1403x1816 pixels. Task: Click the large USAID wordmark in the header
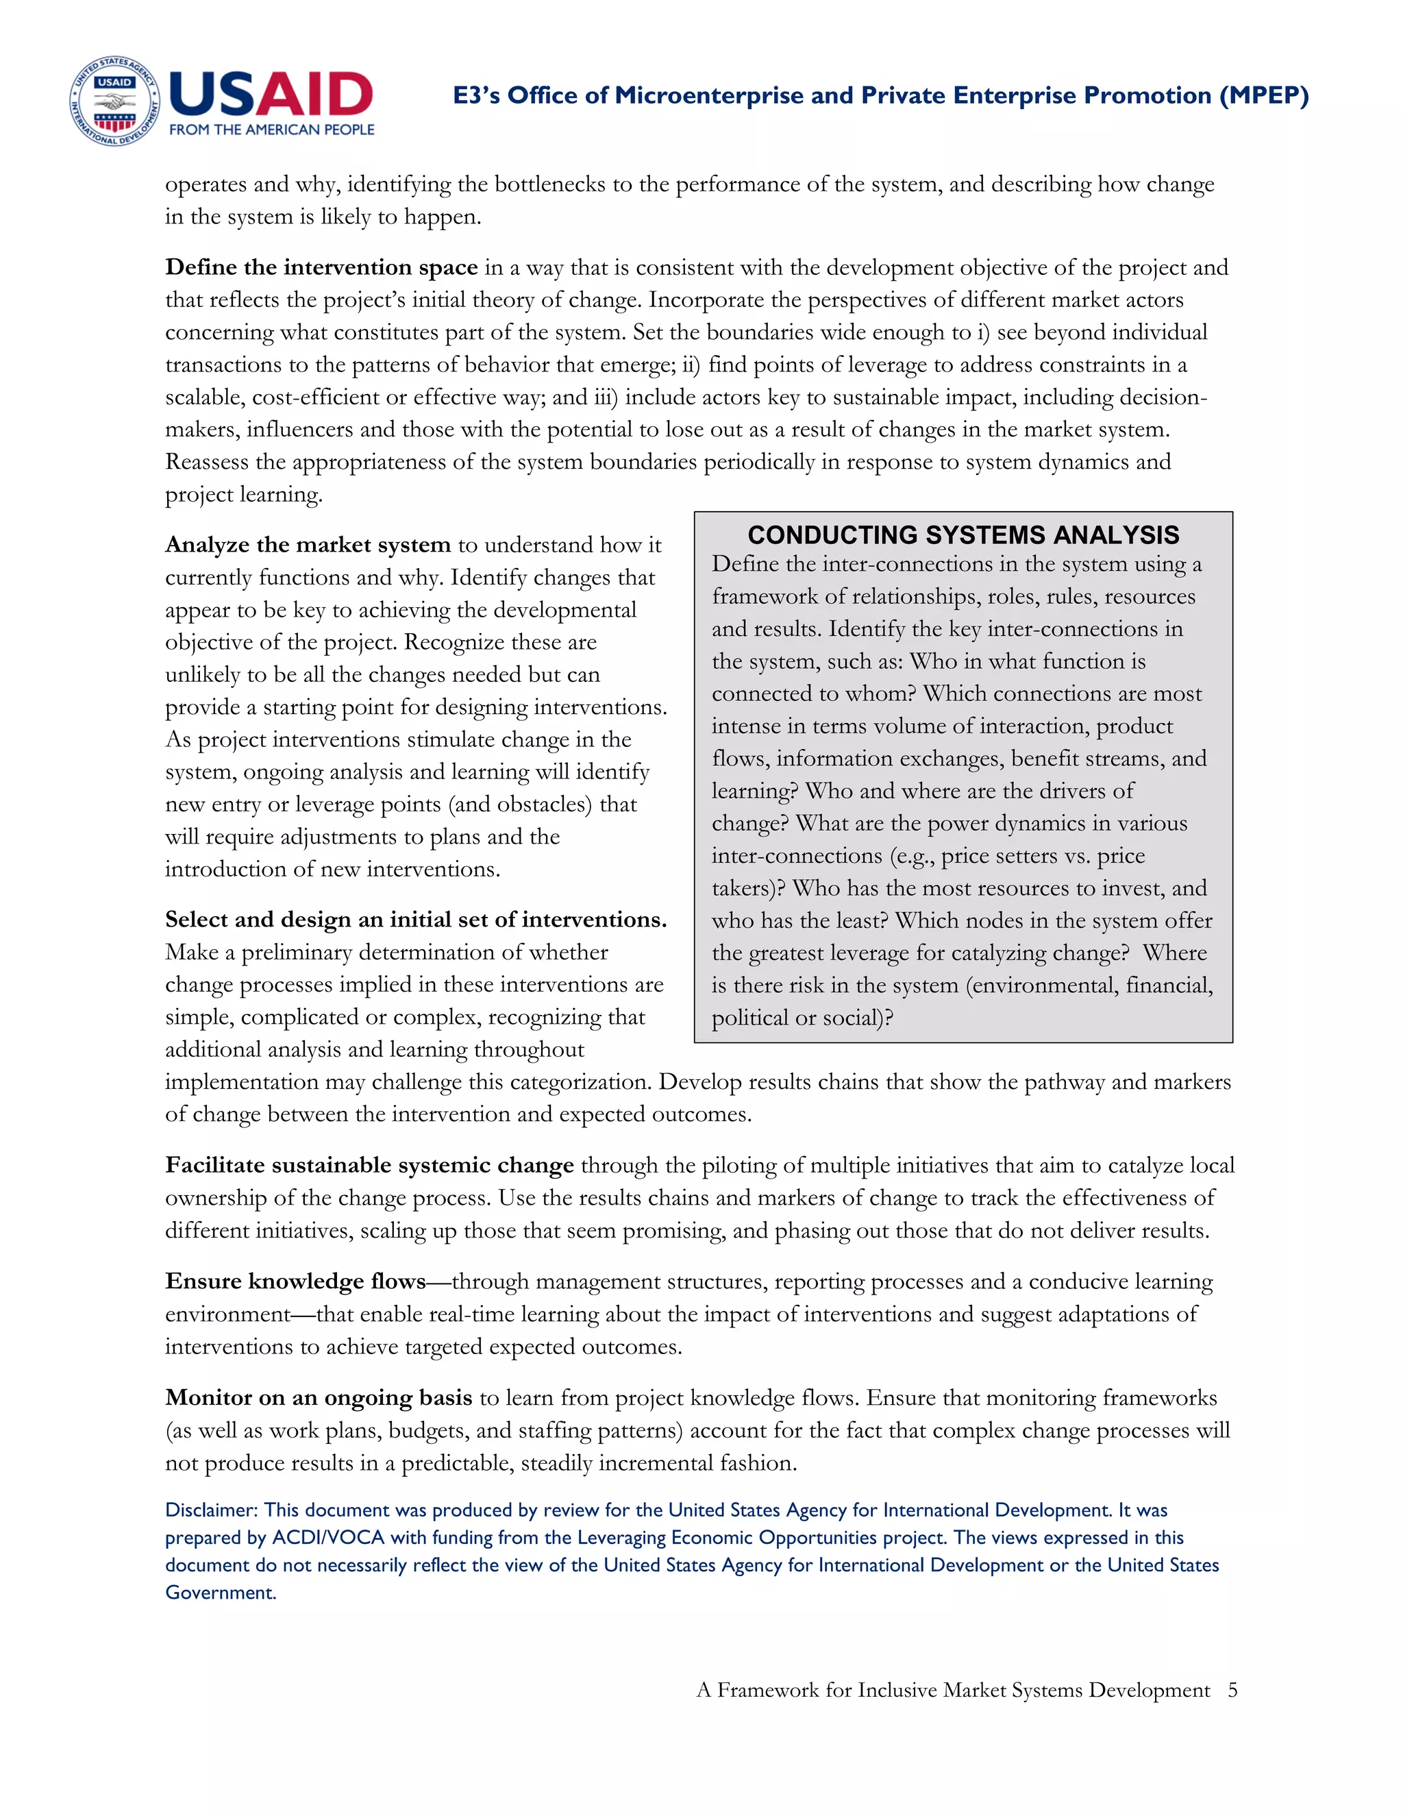click(271, 94)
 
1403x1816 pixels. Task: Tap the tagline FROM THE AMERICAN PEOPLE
click(272, 130)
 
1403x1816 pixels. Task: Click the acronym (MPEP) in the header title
click(1263, 96)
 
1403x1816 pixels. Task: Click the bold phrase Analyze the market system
click(308, 545)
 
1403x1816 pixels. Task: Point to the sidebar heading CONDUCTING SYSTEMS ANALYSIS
click(963, 535)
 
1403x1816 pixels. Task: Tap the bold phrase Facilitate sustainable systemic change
click(369, 1166)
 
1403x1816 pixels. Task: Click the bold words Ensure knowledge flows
click(295, 1281)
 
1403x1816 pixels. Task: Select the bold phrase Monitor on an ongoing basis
click(319, 1398)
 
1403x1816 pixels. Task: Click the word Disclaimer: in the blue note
click(211, 1510)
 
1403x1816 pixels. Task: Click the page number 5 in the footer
click(1232, 1690)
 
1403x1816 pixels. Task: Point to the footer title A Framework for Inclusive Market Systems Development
click(952, 1690)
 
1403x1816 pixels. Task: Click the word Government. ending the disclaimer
click(221, 1593)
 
